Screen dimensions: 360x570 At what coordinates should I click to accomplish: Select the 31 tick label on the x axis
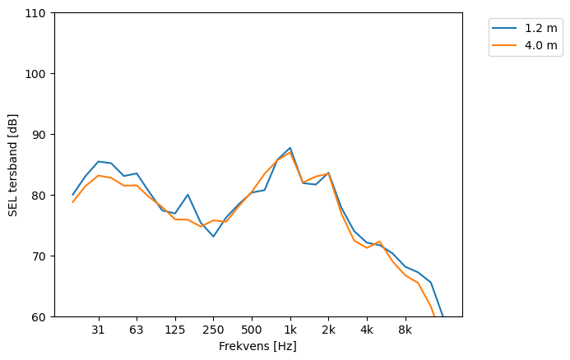click(98, 330)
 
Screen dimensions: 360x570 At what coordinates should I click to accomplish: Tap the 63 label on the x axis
click(137, 330)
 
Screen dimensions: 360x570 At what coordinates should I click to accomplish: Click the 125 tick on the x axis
click(174, 330)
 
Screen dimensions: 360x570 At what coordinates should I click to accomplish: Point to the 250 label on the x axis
click(213, 330)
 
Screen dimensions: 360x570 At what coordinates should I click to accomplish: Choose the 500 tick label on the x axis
click(252, 330)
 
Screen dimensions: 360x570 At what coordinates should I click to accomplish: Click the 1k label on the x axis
click(290, 330)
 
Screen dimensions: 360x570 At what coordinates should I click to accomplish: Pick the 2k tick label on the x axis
click(328, 330)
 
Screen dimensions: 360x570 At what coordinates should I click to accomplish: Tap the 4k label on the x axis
click(367, 330)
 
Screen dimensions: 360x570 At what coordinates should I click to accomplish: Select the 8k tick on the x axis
click(405, 330)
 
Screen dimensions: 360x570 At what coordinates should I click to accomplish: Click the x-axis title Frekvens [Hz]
click(257, 347)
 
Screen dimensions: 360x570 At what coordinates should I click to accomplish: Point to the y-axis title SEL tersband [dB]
click(13, 165)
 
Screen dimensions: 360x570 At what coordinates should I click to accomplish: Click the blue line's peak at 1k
click(290, 148)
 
